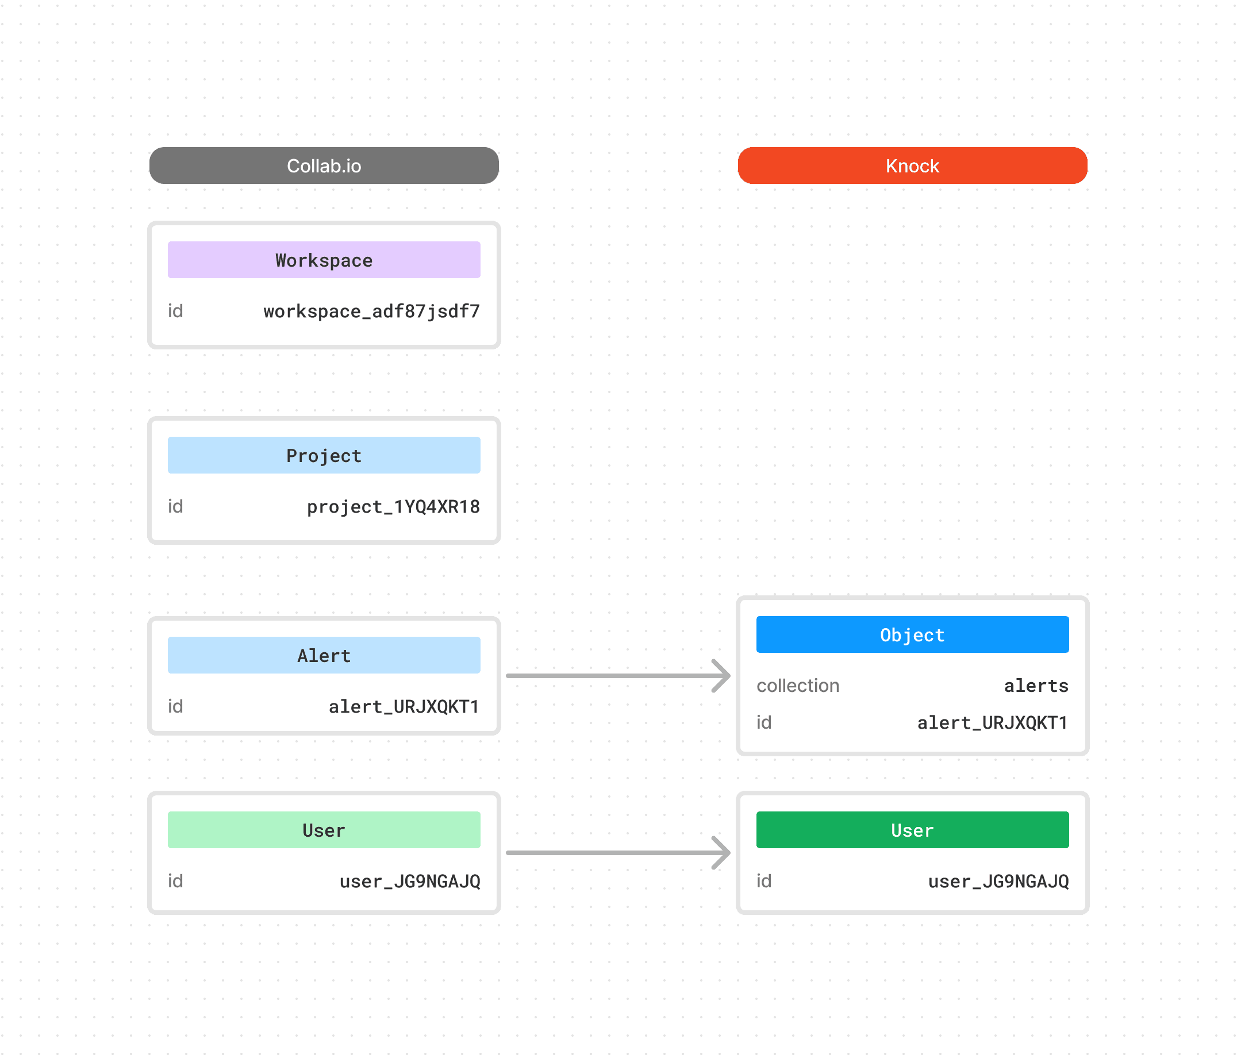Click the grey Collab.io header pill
(324, 166)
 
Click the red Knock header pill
(912, 166)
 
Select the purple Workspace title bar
(324, 260)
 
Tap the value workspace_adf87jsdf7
(371, 311)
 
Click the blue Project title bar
(324, 455)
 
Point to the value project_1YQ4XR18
(393, 506)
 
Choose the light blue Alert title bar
(324, 655)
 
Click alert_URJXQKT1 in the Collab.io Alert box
(404, 706)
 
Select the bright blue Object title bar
(912, 634)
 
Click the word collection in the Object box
(798, 686)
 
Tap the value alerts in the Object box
(1035, 686)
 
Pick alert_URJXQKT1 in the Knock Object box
(992, 722)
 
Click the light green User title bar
(324, 829)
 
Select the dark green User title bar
(912, 829)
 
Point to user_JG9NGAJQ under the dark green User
(998, 880)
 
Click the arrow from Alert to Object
(617, 676)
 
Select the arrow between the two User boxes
(617, 852)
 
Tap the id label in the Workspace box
(175, 311)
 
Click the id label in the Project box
(175, 506)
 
